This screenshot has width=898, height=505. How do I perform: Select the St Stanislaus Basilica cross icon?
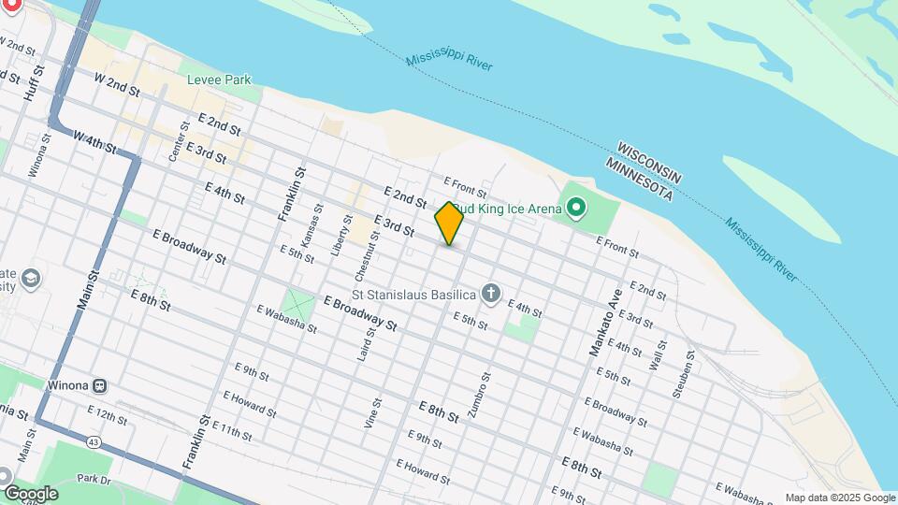491,295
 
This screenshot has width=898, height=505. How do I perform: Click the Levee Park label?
219,80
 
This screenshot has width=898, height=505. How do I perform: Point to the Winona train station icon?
98,384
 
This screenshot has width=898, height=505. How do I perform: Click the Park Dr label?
94,478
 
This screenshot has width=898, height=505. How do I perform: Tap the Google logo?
30,494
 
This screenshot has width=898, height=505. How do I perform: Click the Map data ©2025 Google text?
839,498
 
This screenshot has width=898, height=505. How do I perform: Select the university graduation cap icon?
31,279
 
